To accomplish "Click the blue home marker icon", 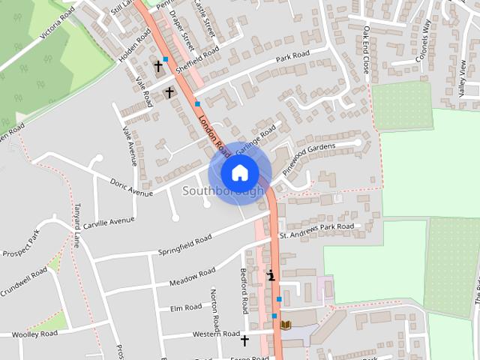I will pyautogui.click(x=239, y=173).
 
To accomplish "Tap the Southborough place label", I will pyautogui.click(x=223, y=191).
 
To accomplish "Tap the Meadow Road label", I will pyautogui.click(x=192, y=277).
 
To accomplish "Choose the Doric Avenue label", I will pyautogui.click(x=131, y=187).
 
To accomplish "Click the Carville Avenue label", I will pyautogui.click(x=109, y=221).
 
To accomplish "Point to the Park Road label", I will pyautogui.click(x=292, y=56).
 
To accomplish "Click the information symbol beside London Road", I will pyautogui.click(x=271, y=276).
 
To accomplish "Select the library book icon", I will pyautogui.click(x=286, y=324).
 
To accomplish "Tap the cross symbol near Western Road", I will pyautogui.click(x=244, y=340).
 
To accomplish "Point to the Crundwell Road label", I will pyautogui.click(x=23, y=282).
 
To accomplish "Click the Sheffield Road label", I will pyautogui.click(x=197, y=58).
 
